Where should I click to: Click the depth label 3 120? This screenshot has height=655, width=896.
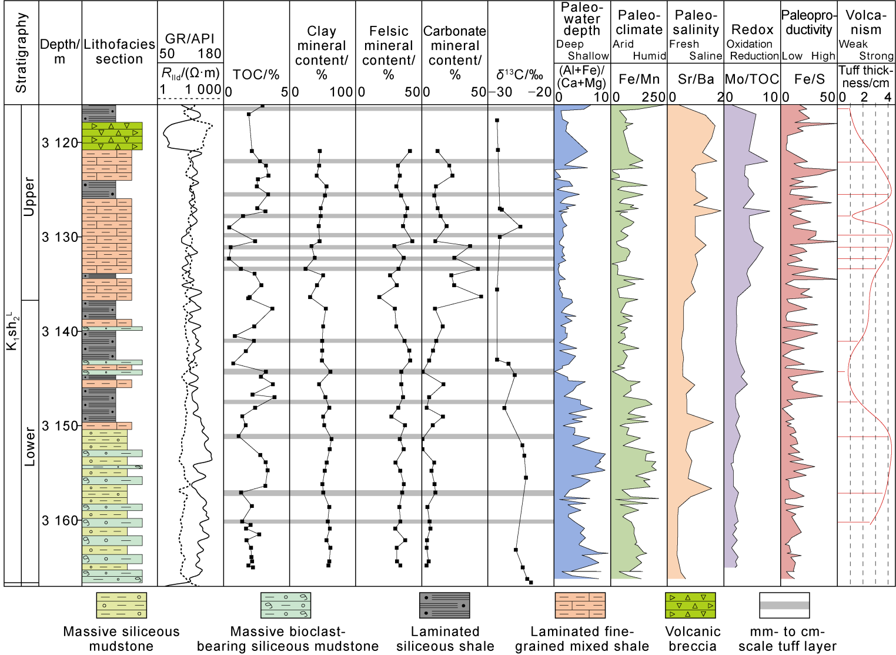click(60, 142)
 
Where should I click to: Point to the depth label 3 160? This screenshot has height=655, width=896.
click(60, 520)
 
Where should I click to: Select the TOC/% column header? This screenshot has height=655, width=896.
click(256, 74)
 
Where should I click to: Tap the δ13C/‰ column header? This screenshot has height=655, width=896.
click(520, 74)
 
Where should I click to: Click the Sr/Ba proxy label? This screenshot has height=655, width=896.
click(696, 79)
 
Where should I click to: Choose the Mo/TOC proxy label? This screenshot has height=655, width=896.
click(752, 79)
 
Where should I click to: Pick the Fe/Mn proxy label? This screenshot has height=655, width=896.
click(639, 79)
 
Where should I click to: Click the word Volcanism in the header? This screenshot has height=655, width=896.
click(865, 22)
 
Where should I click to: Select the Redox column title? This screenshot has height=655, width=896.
click(752, 29)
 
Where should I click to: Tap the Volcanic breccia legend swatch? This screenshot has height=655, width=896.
click(690, 606)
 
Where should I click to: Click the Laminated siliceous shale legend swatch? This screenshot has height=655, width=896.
click(444, 606)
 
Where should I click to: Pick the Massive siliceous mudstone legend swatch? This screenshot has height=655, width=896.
click(121, 606)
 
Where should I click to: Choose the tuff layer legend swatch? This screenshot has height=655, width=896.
click(784, 606)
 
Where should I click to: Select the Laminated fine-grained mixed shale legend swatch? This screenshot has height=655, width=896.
click(580, 606)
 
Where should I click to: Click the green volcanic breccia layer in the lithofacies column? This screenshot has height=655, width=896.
click(112, 136)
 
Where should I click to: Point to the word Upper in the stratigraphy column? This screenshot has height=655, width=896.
click(29, 197)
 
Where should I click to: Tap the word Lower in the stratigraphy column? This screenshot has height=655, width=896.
click(29, 447)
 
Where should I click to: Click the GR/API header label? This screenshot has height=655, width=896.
click(190, 39)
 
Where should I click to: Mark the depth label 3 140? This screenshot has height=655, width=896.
click(60, 331)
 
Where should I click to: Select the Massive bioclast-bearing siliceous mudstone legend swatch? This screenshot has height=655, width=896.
click(286, 606)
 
